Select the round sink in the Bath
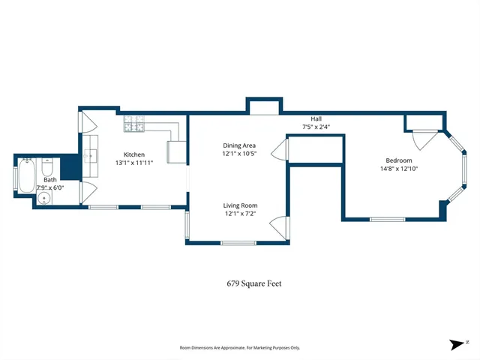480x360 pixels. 44,199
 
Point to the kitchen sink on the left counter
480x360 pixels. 91,156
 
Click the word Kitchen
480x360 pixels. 134,154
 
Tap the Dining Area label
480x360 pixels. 239,145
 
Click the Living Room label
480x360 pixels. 239,205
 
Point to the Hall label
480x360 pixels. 316,119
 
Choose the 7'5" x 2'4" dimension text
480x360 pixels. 316,127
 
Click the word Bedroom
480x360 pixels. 398,160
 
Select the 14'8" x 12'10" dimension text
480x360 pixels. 398,169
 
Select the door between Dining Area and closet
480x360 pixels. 279,150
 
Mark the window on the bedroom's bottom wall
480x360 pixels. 388,219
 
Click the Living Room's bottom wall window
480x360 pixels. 238,242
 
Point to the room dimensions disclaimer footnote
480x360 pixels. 239,347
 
